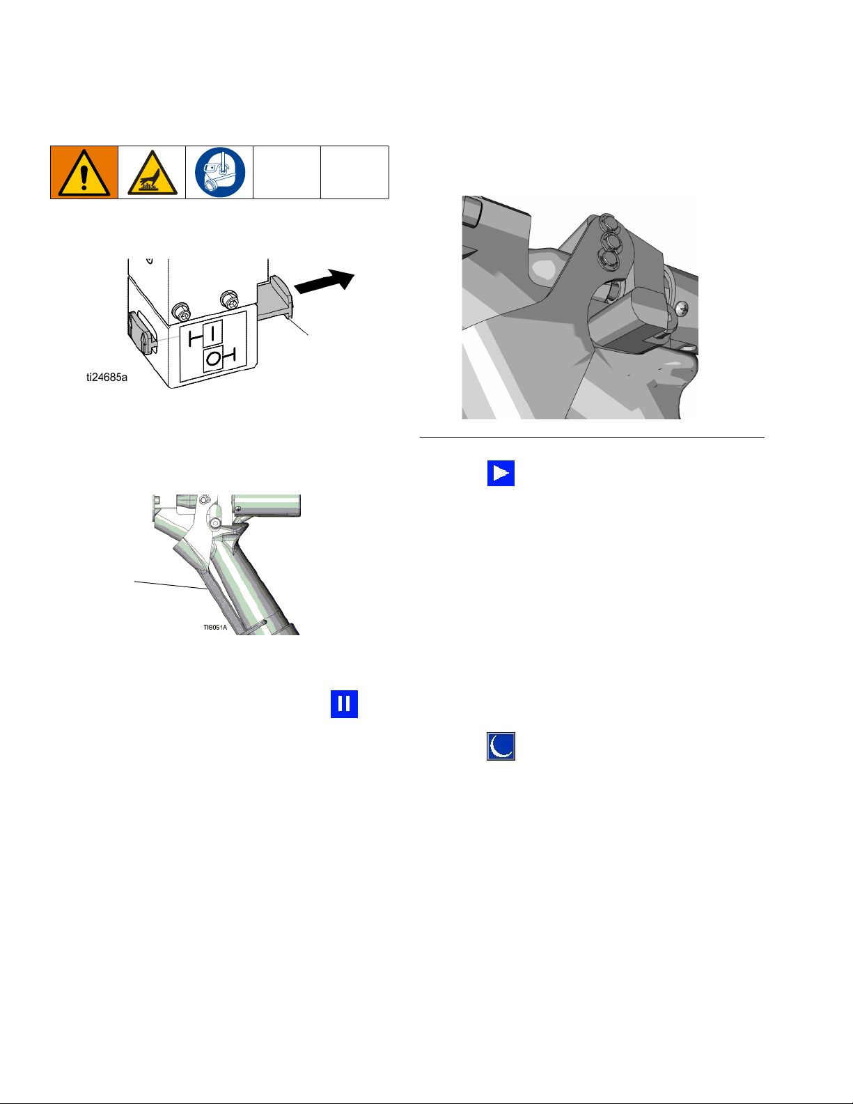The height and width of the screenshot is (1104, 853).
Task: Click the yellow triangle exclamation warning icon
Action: click(x=84, y=173)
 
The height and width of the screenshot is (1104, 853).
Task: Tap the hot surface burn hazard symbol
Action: click(x=152, y=173)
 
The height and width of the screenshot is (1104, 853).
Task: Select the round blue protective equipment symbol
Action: click(x=220, y=172)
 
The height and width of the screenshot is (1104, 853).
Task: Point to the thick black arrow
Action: click(x=324, y=281)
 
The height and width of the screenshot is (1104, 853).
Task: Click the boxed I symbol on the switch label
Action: click(x=213, y=334)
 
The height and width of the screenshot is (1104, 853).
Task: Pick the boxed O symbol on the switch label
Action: click(x=213, y=359)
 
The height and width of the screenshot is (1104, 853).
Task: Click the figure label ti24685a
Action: click(x=107, y=378)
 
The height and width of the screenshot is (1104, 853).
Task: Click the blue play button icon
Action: click(x=501, y=473)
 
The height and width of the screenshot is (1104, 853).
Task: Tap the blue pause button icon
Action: click(x=344, y=703)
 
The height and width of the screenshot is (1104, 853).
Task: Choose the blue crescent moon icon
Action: click(x=501, y=746)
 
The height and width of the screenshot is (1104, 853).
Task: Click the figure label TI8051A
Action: click(x=215, y=628)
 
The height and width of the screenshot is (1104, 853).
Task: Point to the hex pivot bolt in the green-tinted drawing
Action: click(x=216, y=523)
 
